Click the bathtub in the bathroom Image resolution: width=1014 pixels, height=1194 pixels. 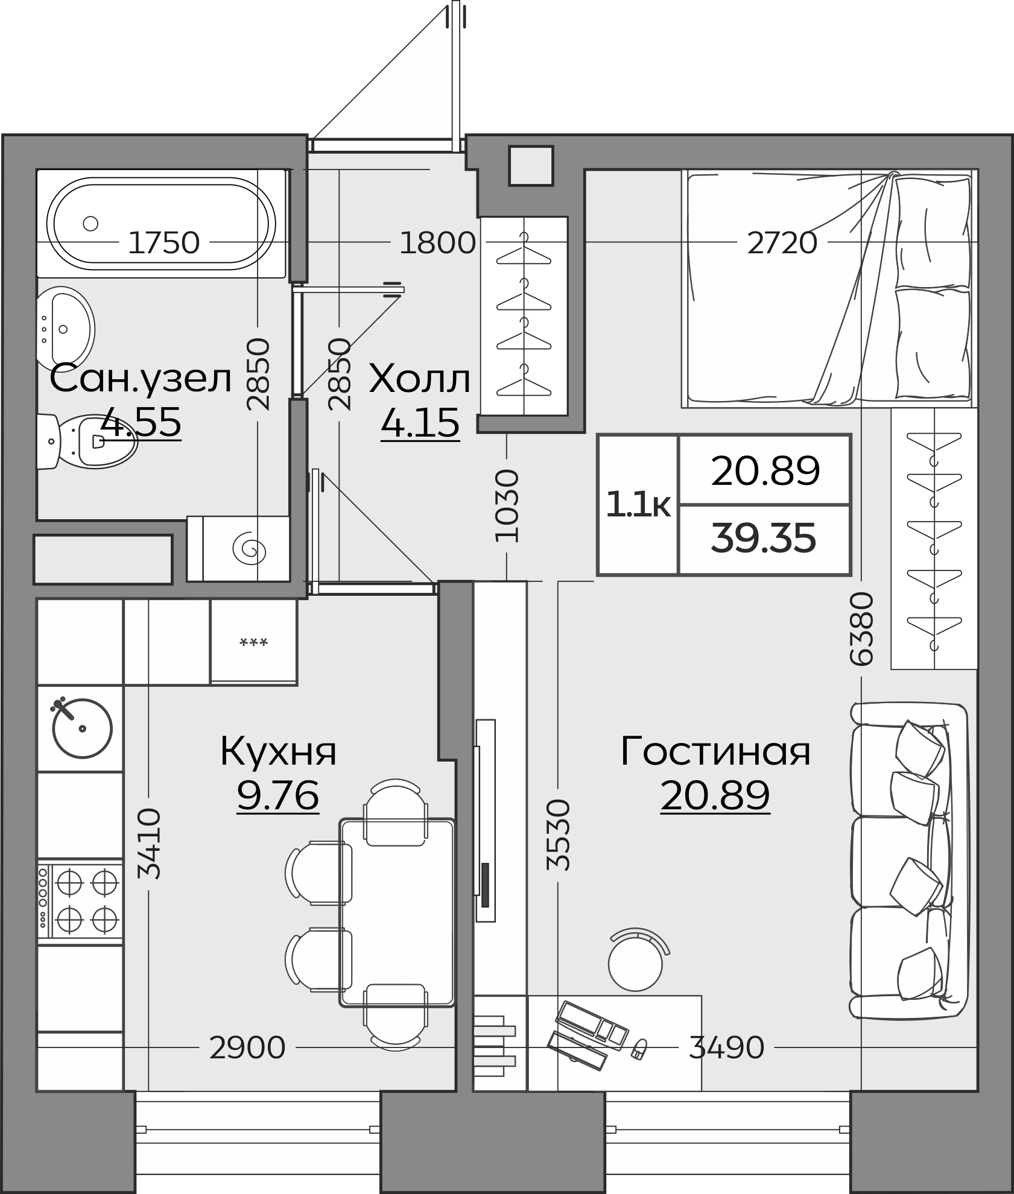tap(162, 223)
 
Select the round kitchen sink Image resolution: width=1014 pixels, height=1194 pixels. tap(82, 728)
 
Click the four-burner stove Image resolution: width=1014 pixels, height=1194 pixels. tap(80, 902)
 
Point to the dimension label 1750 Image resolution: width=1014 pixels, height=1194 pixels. tap(163, 242)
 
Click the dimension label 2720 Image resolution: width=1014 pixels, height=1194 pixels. tap(782, 244)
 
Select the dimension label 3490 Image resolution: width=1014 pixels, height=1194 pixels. tap(726, 1047)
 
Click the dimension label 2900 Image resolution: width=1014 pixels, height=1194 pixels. tap(247, 1047)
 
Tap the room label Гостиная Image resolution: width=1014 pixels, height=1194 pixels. tap(715, 751)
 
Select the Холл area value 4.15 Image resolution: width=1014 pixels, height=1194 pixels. tap(420, 423)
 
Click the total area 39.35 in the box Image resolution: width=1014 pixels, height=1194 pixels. tap(763, 539)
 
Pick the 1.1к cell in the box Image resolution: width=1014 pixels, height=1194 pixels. tap(638, 505)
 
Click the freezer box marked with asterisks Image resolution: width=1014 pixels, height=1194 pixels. tap(253, 643)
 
